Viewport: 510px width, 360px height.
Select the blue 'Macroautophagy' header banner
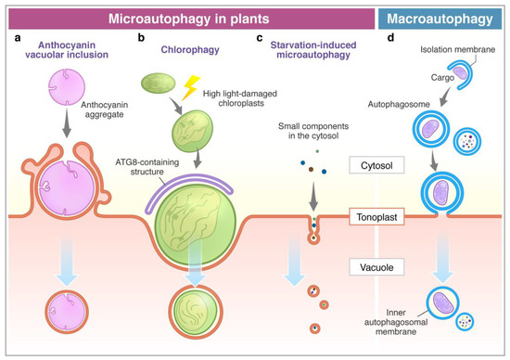(452, 19)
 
